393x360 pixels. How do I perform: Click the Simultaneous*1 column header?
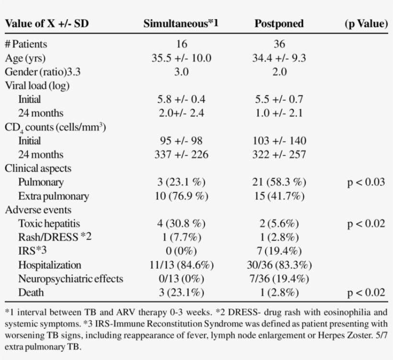coord(181,23)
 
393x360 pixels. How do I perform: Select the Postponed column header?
coord(279,23)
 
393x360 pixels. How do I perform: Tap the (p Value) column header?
coord(366,23)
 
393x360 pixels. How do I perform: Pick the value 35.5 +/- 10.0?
coord(181,58)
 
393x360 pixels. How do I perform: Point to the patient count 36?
coord(279,45)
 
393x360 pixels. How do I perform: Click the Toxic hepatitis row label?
coord(49,224)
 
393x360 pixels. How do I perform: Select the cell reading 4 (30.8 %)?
coord(181,224)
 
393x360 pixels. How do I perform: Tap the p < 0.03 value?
coord(367,182)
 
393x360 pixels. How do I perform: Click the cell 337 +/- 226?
coord(181,155)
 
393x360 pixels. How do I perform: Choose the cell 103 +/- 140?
coord(279,141)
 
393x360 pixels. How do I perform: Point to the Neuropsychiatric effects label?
coord(70,279)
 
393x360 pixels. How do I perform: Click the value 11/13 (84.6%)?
coord(181,265)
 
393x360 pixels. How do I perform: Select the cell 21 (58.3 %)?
coord(279,182)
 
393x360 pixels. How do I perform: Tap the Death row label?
coord(31,292)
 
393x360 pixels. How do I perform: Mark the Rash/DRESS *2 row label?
coord(55,237)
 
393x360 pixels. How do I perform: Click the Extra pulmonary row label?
coord(53,196)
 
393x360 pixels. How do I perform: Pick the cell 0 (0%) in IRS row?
coord(181,251)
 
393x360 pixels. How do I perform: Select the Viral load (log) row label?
coord(37,86)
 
